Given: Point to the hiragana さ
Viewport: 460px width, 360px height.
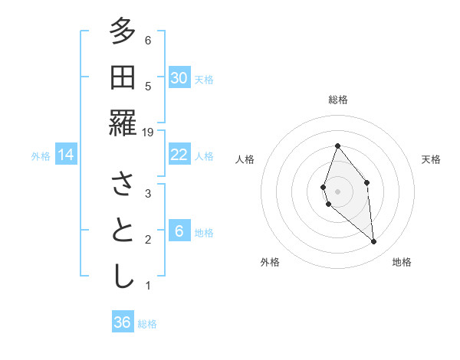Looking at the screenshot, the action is click(122, 185).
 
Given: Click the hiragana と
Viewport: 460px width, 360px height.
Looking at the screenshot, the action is click(122, 231).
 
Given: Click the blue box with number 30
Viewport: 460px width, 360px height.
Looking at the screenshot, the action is click(179, 77).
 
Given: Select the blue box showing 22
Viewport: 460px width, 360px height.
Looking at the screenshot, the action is click(179, 155).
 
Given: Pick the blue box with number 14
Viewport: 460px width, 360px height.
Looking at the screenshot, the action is click(66, 155).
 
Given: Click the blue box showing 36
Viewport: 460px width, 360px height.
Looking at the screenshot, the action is click(123, 322).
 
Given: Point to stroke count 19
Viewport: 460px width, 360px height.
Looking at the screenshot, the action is click(149, 133).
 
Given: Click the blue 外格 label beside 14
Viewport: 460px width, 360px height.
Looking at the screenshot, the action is click(41, 156).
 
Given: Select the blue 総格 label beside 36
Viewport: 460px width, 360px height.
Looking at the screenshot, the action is click(147, 324).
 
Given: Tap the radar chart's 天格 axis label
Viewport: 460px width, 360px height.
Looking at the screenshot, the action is click(431, 159).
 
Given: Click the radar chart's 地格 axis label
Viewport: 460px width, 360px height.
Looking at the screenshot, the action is click(402, 262).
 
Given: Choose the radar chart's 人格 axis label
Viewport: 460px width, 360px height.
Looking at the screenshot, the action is click(245, 159).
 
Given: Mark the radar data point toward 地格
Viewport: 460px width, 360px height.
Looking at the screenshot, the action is click(373, 242).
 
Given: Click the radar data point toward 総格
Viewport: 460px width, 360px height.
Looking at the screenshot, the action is click(337, 146).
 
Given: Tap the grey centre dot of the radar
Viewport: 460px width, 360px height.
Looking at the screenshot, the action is click(337, 191).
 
